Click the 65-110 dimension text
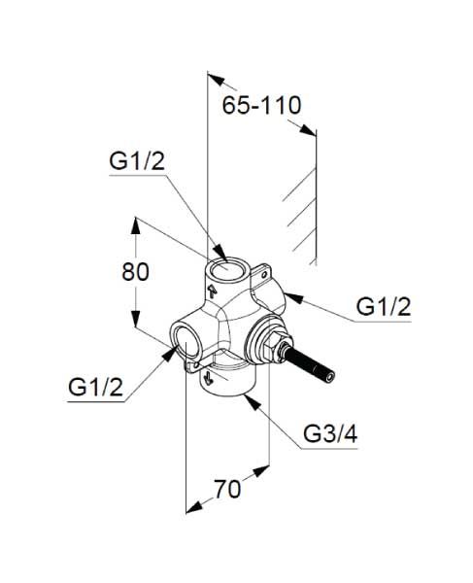(x=261, y=105)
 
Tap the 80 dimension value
(x=135, y=271)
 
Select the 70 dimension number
(x=227, y=490)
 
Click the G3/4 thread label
(x=330, y=433)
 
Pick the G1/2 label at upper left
(x=137, y=161)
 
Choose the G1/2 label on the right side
(x=384, y=307)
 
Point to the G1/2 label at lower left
(x=95, y=387)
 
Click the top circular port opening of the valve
(x=222, y=268)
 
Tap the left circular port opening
(x=186, y=340)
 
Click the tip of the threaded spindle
(x=329, y=377)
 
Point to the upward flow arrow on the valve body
(x=212, y=291)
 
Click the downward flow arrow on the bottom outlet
(x=208, y=379)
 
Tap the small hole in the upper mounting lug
(x=264, y=275)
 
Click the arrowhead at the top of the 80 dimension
(x=136, y=225)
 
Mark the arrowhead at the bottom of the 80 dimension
(x=136, y=319)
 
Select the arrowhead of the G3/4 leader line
(x=251, y=402)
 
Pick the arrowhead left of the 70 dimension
(x=194, y=508)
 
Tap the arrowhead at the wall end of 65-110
(x=308, y=130)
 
